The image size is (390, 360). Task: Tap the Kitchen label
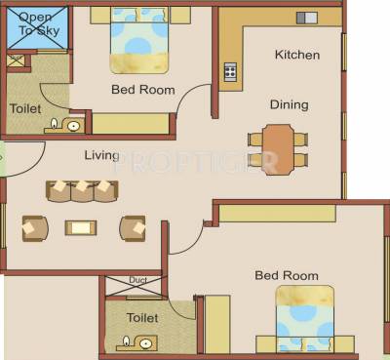coord(296,55)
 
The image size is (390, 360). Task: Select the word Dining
coord(290,104)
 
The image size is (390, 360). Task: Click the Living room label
coord(101,155)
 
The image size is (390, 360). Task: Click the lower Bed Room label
coord(287,275)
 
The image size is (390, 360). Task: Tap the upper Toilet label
coord(25,109)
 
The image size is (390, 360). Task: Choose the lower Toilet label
coord(142,317)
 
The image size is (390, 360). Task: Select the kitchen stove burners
coord(231,70)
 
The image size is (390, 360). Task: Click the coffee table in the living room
coord(81,227)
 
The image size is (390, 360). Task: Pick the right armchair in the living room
coord(133,227)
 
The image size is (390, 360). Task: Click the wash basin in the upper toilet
coord(71,125)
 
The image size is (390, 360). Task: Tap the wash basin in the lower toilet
coord(145,341)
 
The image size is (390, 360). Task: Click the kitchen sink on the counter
coord(306,17)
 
